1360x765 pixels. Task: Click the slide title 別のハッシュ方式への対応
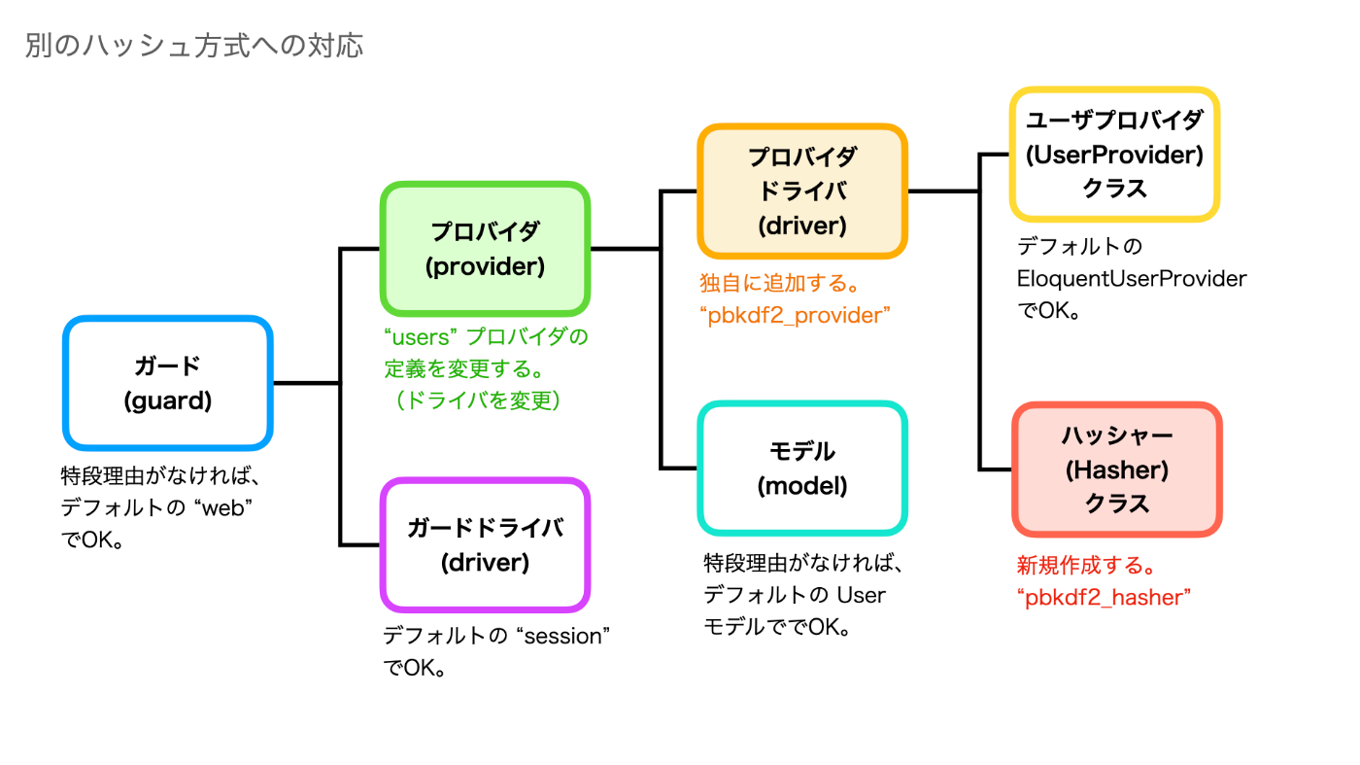[194, 46]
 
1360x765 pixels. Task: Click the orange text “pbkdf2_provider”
[795, 315]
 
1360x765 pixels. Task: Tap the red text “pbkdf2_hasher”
[1104, 598]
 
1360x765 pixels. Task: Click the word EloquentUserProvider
[1132, 279]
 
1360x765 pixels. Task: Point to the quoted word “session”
[562, 636]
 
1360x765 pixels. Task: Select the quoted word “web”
[223, 508]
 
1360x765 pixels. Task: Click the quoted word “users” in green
[420, 337]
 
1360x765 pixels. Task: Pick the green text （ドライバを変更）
[477, 400]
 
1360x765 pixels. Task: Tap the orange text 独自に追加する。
[779, 283]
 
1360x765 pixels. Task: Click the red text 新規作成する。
[1086, 566]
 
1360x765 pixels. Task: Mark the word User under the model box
[862, 596]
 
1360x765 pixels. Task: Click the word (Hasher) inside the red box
[1117, 469]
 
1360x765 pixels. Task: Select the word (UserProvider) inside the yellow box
[1115, 155]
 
